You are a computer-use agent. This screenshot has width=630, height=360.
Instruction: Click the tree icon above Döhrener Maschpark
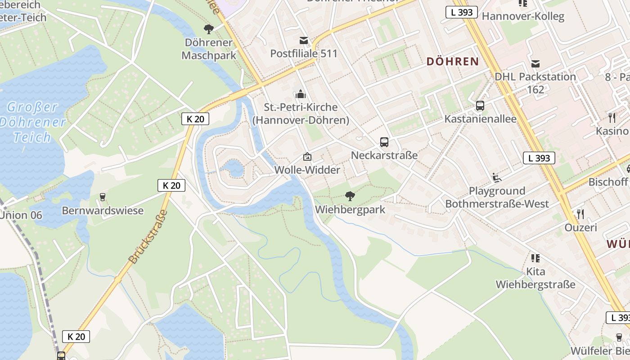coord(208,30)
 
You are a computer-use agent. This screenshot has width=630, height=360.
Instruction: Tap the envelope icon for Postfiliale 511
coord(304,40)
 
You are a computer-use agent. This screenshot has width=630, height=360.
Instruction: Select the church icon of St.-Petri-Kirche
coord(301,94)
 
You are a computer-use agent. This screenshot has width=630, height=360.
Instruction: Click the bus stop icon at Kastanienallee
coord(480,106)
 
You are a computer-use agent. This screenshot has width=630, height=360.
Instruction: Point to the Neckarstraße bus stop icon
coord(384,142)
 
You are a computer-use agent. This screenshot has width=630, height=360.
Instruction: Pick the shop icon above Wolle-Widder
coord(307,157)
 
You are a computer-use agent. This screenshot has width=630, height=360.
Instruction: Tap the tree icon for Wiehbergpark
coord(350,196)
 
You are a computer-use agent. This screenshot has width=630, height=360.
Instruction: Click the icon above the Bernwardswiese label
coord(103,197)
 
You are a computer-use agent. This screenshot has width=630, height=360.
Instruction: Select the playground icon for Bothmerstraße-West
coord(497,178)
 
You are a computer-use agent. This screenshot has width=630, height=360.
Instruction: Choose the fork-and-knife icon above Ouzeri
coord(580,214)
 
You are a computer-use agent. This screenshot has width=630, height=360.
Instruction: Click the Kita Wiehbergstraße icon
coord(535,258)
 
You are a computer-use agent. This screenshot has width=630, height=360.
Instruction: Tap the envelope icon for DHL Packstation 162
coord(535,63)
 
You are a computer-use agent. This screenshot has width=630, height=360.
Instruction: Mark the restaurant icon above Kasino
coord(612,118)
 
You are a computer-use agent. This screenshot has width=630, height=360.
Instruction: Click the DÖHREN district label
coord(452,62)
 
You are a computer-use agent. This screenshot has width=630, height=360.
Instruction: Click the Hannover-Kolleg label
coord(523,17)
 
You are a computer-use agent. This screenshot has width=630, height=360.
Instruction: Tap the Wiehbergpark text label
coord(350,210)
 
